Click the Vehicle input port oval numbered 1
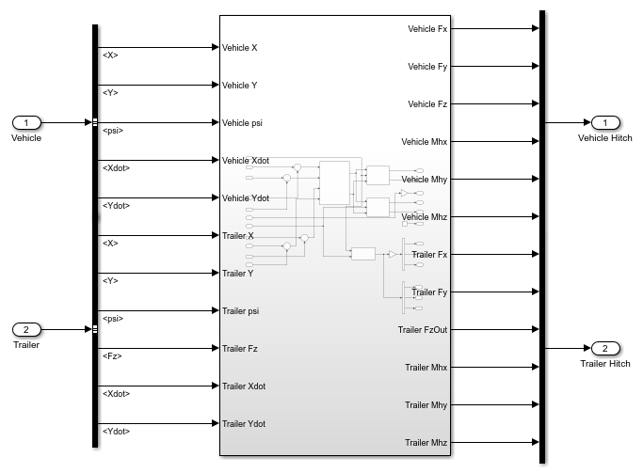click(x=26, y=122)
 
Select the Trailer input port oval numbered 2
click(x=26, y=329)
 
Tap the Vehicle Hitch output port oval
click(x=605, y=122)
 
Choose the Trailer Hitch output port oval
click(x=605, y=348)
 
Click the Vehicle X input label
click(x=239, y=48)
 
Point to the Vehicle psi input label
click(x=242, y=123)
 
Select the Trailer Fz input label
click(x=239, y=349)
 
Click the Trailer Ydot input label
click(x=244, y=424)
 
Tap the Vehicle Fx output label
click(x=427, y=29)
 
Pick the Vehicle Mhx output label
click(x=424, y=142)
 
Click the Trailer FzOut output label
click(x=423, y=330)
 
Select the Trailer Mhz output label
click(x=426, y=443)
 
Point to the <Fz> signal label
click(x=112, y=356)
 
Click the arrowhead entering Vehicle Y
click(x=216, y=85)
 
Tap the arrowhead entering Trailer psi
click(x=216, y=310)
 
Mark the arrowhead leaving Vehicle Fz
click(x=535, y=103)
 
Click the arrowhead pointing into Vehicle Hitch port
click(x=587, y=122)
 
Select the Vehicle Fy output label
click(x=427, y=67)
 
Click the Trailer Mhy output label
click(x=426, y=405)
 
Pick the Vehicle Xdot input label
click(x=245, y=161)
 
